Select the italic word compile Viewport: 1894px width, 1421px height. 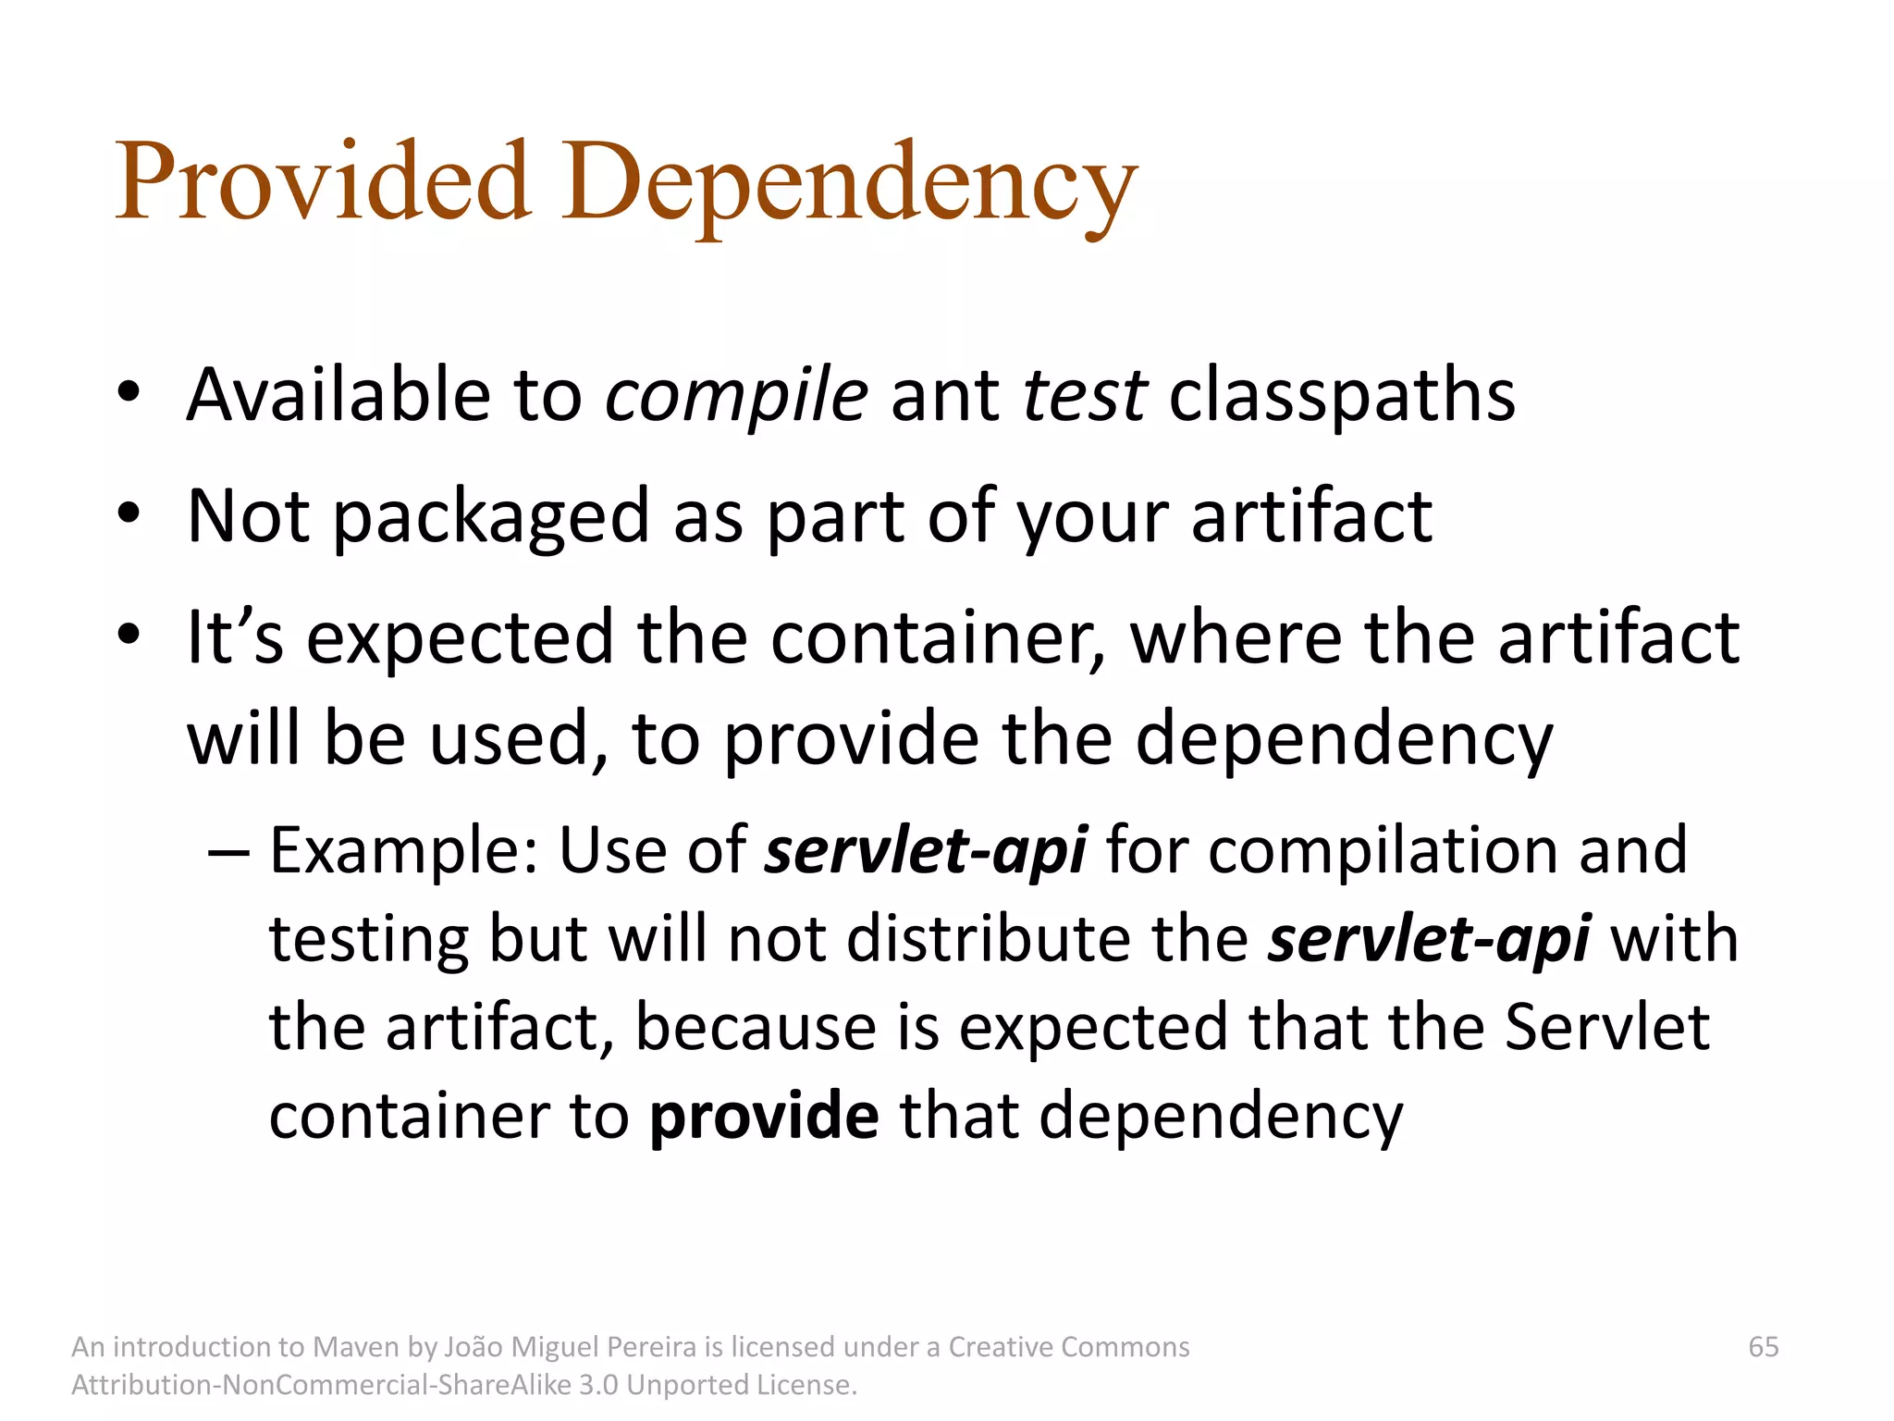point(736,396)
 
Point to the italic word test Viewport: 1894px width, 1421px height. point(1085,396)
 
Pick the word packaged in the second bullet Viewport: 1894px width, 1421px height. point(491,518)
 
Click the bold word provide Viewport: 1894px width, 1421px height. point(764,1116)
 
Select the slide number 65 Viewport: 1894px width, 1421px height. point(1764,1347)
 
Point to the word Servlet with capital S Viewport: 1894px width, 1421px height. point(1607,1027)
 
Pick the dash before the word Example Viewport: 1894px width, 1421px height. point(228,852)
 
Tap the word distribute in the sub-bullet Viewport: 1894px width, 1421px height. point(989,939)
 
